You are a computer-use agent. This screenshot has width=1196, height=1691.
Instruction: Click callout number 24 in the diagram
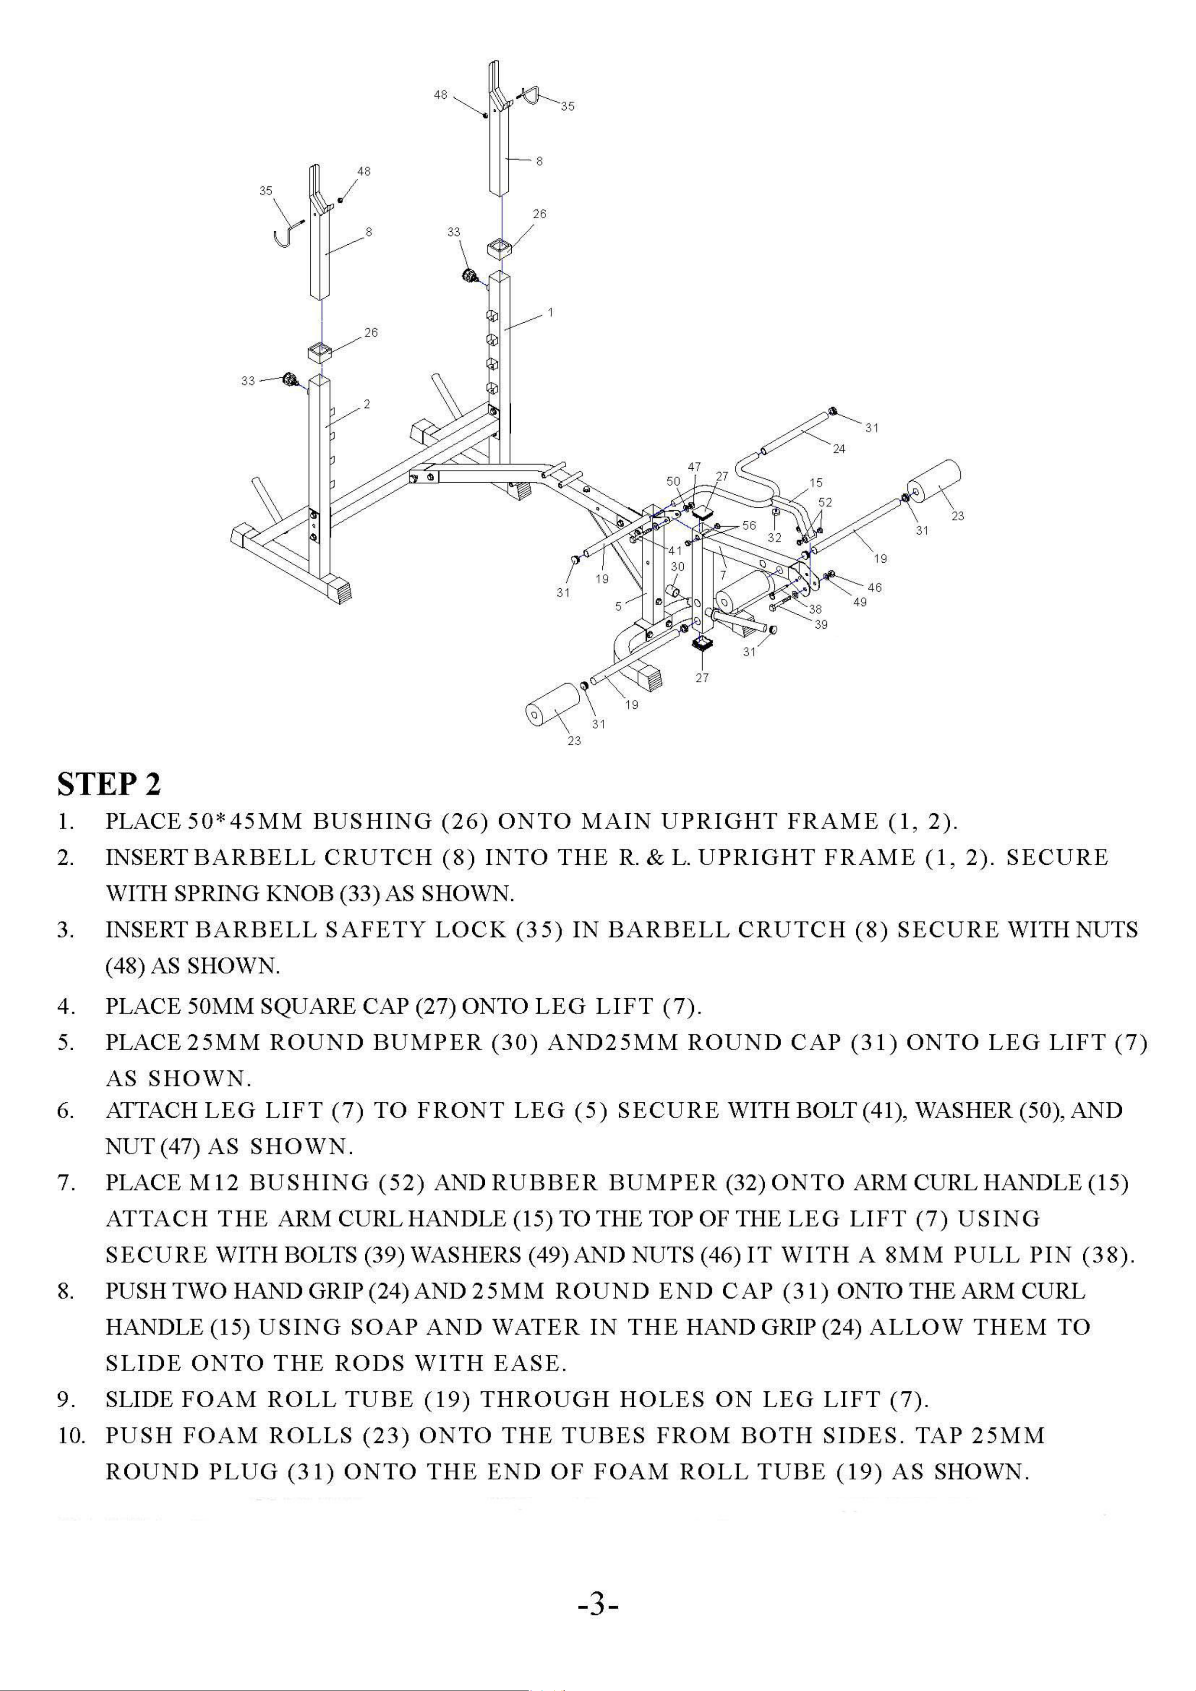[x=839, y=449]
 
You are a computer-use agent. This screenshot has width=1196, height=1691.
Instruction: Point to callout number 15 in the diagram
[x=816, y=483]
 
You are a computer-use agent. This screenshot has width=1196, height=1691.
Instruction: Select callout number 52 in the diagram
[x=825, y=502]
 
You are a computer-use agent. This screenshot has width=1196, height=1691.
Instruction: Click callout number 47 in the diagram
[x=694, y=467]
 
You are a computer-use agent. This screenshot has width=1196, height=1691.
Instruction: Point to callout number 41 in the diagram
[x=675, y=550]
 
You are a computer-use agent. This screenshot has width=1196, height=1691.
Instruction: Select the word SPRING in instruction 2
[x=217, y=894]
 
